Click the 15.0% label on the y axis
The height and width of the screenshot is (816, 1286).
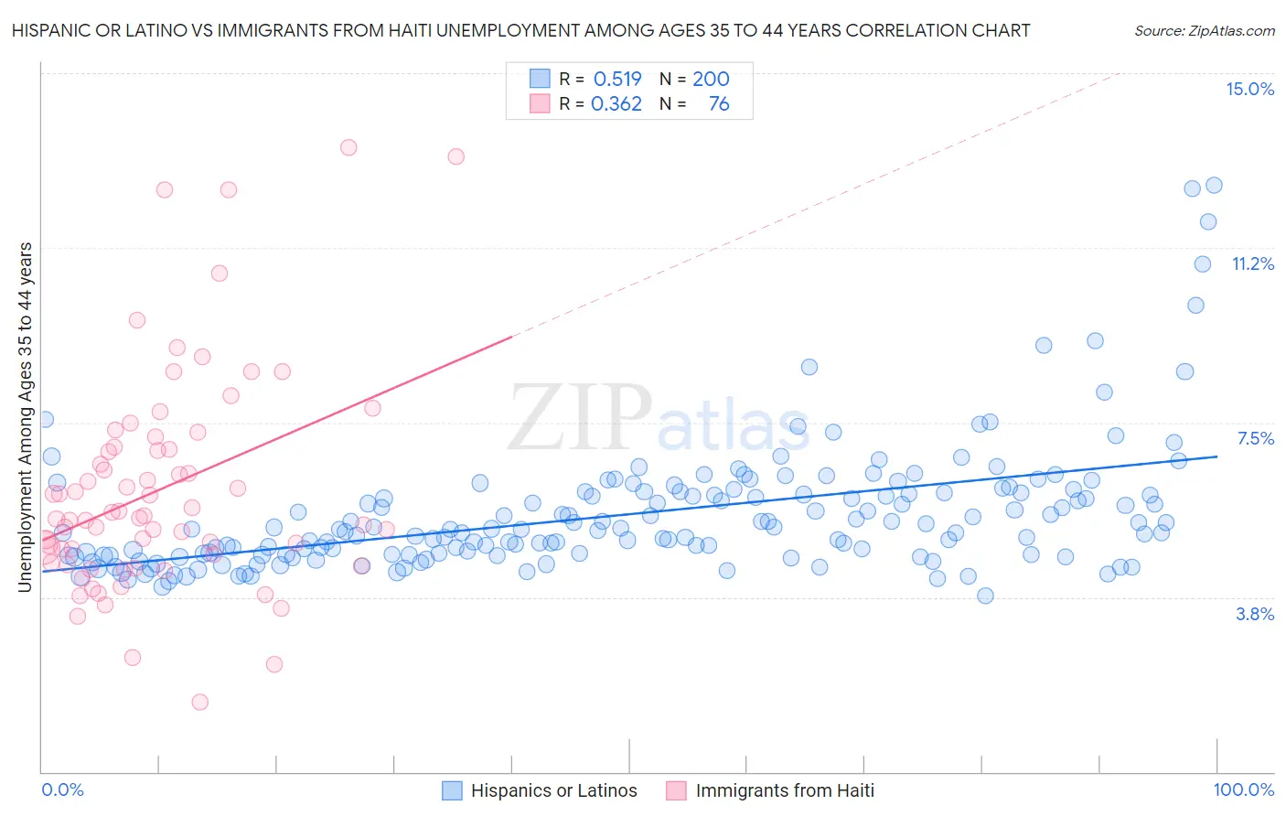[x=1249, y=89]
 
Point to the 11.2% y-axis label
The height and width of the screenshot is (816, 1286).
[x=1252, y=263]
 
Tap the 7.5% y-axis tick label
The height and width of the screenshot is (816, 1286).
[x=1255, y=438]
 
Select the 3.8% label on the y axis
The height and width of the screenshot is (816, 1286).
[x=1255, y=614]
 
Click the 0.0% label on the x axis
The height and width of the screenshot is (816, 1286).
[x=62, y=789]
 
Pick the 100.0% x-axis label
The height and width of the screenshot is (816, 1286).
[x=1243, y=789]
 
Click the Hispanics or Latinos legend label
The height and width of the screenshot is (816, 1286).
[x=553, y=790]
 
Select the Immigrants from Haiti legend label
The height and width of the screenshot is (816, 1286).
[x=785, y=790]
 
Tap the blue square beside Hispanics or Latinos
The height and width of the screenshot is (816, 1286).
[x=452, y=790]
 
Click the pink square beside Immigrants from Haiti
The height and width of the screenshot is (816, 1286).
[x=676, y=790]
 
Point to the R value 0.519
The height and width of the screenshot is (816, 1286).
[x=617, y=79]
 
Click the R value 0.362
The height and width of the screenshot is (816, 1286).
[x=616, y=104]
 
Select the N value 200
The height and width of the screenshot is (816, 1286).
[x=711, y=79]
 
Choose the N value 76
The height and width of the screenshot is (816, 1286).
[x=719, y=104]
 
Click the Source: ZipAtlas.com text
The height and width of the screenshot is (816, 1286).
[x=1204, y=30]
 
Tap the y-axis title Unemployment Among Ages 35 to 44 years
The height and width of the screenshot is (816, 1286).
[x=26, y=417]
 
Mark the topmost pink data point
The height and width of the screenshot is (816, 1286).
[x=348, y=147]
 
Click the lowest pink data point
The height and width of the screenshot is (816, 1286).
[x=199, y=702]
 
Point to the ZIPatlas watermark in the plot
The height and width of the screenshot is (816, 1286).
[x=659, y=419]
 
